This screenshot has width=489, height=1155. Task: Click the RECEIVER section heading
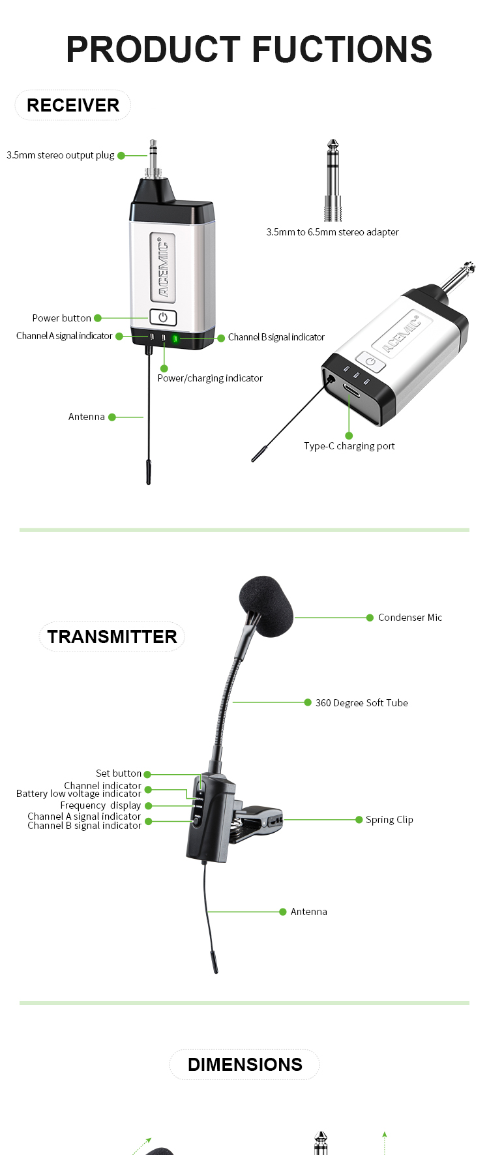tap(73, 106)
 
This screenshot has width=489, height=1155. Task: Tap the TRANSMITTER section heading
tap(111, 637)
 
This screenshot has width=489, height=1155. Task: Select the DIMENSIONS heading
tap(244, 1064)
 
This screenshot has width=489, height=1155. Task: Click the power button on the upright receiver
tap(163, 318)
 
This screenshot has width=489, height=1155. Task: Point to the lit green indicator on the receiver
tap(175, 338)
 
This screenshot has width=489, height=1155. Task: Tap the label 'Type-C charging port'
tap(349, 446)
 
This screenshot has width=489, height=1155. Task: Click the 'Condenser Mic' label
tap(409, 618)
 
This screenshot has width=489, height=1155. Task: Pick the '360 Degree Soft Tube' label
tap(361, 703)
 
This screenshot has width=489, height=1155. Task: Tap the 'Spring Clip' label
tap(389, 820)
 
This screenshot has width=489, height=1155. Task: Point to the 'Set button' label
tap(118, 773)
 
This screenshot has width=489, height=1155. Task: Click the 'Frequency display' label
tap(100, 805)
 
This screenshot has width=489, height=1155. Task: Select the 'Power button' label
tap(61, 318)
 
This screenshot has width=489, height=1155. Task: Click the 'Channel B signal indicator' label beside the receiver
tap(276, 337)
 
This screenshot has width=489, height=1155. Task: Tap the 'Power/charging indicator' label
tap(210, 378)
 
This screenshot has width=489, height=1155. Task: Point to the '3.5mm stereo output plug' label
tap(60, 155)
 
